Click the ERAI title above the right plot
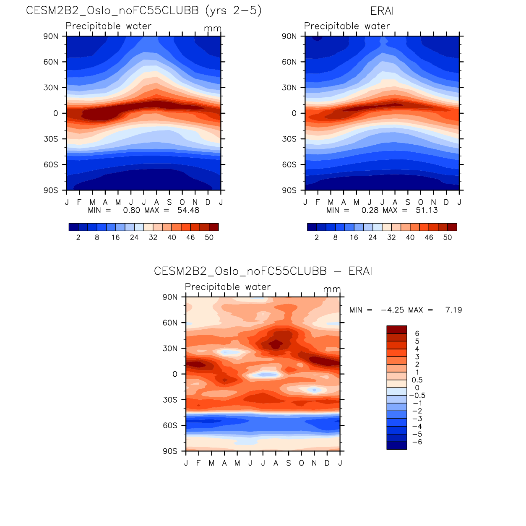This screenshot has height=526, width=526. (x=382, y=11)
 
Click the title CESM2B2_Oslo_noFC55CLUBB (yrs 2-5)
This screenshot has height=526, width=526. (x=143, y=10)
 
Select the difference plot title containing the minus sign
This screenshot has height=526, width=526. (x=263, y=271)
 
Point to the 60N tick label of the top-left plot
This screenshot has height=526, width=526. (x=51, y=62)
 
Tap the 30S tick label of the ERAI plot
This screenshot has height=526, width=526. (x=289, y=139)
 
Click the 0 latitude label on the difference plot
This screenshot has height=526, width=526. (x=175, y=374)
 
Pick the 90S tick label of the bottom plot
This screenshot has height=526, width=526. (x=170, y=451)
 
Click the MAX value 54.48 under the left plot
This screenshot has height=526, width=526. (x=188, y=210)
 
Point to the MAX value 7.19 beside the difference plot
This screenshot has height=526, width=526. (x=453, y=310)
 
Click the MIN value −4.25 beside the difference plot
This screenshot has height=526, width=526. (x=392, y=310)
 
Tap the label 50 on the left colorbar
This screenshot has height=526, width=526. (x=209, y=237)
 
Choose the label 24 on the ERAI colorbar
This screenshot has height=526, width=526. (x=372, y=237)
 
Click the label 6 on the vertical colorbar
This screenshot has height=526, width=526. (x=417, y=333)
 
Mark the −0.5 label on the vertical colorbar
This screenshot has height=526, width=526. (x=417, y=396)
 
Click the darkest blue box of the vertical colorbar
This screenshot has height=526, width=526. (x=396, y=445)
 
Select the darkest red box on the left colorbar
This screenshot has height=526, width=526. (x=214, y=227)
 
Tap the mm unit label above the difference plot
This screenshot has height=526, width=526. (x=332, y=289)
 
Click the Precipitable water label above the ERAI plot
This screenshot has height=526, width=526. (x=347, y=26)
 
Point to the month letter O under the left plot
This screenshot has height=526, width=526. (x=182, y=202)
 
